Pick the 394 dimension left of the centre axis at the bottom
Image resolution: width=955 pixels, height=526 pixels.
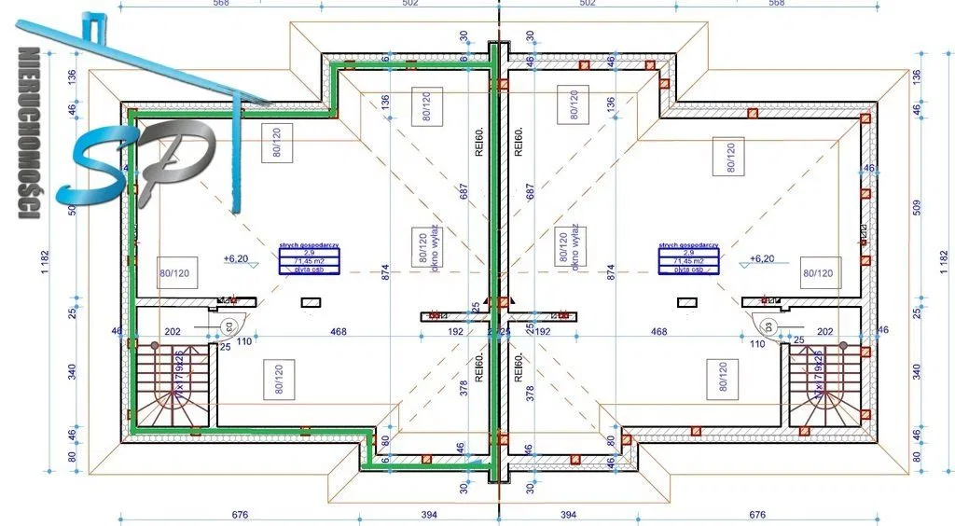tap(428, 515)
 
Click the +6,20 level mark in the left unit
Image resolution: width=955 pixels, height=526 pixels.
tap(234, 258)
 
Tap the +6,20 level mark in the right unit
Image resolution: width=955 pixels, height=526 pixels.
tap(761, 258)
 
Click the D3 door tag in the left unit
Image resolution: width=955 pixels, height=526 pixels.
tap(227, 325)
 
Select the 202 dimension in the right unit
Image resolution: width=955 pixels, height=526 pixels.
tap(824, 331)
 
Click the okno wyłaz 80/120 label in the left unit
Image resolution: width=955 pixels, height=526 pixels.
tap(427, 246)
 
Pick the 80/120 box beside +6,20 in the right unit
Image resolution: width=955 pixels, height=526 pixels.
tap(817, 273)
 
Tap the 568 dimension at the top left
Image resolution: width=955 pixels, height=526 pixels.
tap(220, 3)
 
